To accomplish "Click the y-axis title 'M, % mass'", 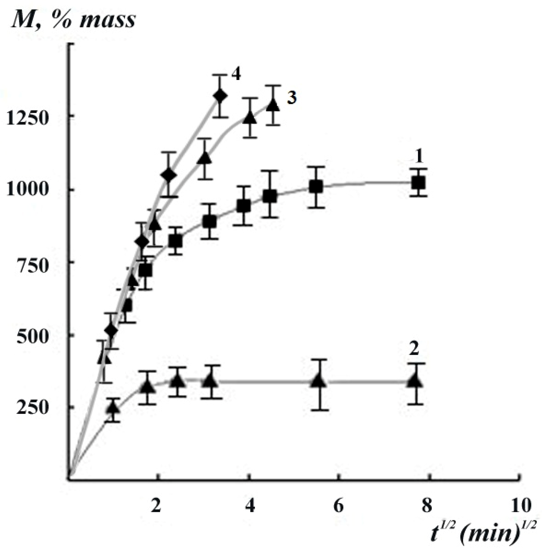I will (73, 20).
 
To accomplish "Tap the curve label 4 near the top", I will (236, 75).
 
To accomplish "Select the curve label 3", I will (291, 97).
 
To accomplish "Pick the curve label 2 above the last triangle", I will (414, 349).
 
